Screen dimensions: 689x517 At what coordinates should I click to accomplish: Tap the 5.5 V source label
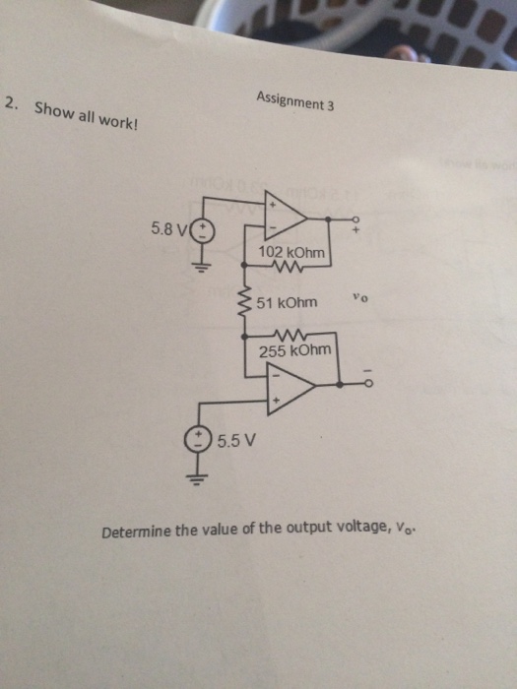235,440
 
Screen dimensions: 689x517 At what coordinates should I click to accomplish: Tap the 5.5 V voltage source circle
200,439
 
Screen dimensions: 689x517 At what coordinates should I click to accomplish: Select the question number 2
10,103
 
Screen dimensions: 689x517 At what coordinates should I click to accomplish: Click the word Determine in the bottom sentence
136,532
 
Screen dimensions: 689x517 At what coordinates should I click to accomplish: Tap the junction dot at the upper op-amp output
340,219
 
